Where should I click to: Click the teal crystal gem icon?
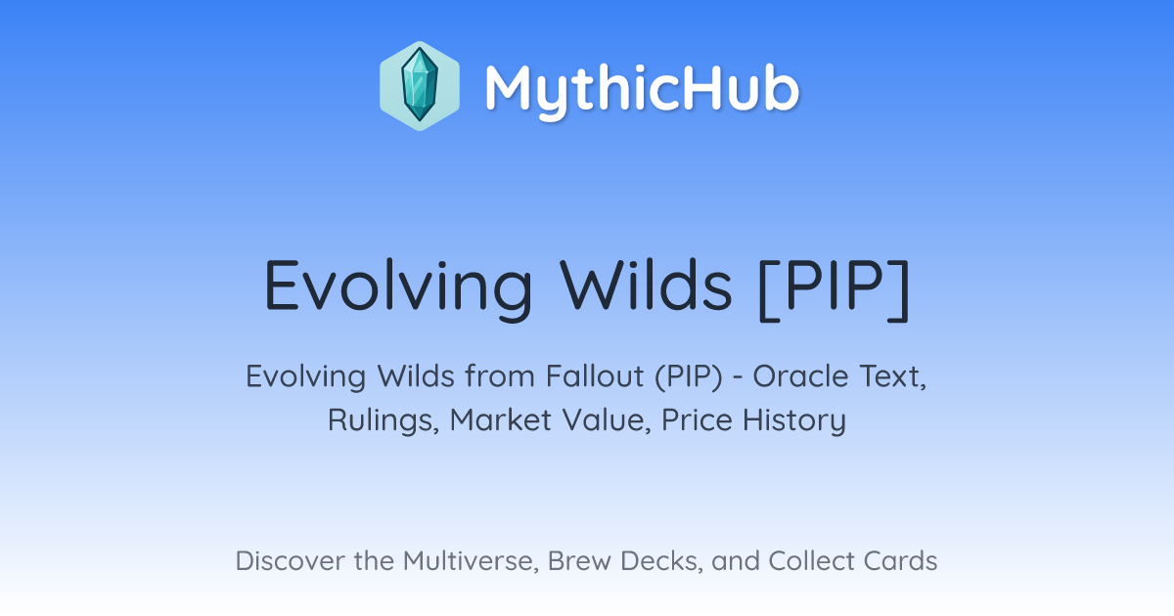(420, 85)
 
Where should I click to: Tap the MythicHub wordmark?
(642, 89)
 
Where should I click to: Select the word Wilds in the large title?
(646, 285)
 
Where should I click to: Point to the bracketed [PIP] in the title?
(835, 288)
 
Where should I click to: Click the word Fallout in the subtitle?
(595, 376)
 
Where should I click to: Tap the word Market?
(501, 420)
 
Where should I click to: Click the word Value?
(607, 420)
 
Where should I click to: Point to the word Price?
(697, 420)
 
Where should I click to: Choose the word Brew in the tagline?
(579, 560)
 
